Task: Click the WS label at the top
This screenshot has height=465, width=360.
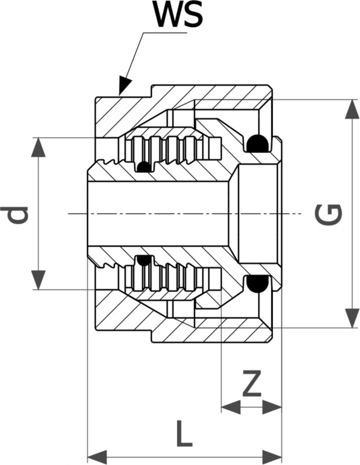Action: click(179, 16)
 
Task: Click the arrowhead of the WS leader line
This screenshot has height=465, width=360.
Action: click(123, 87)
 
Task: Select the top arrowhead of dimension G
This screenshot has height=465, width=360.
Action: click(352, 109)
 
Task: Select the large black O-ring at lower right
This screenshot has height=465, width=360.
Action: click(256, 284)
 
